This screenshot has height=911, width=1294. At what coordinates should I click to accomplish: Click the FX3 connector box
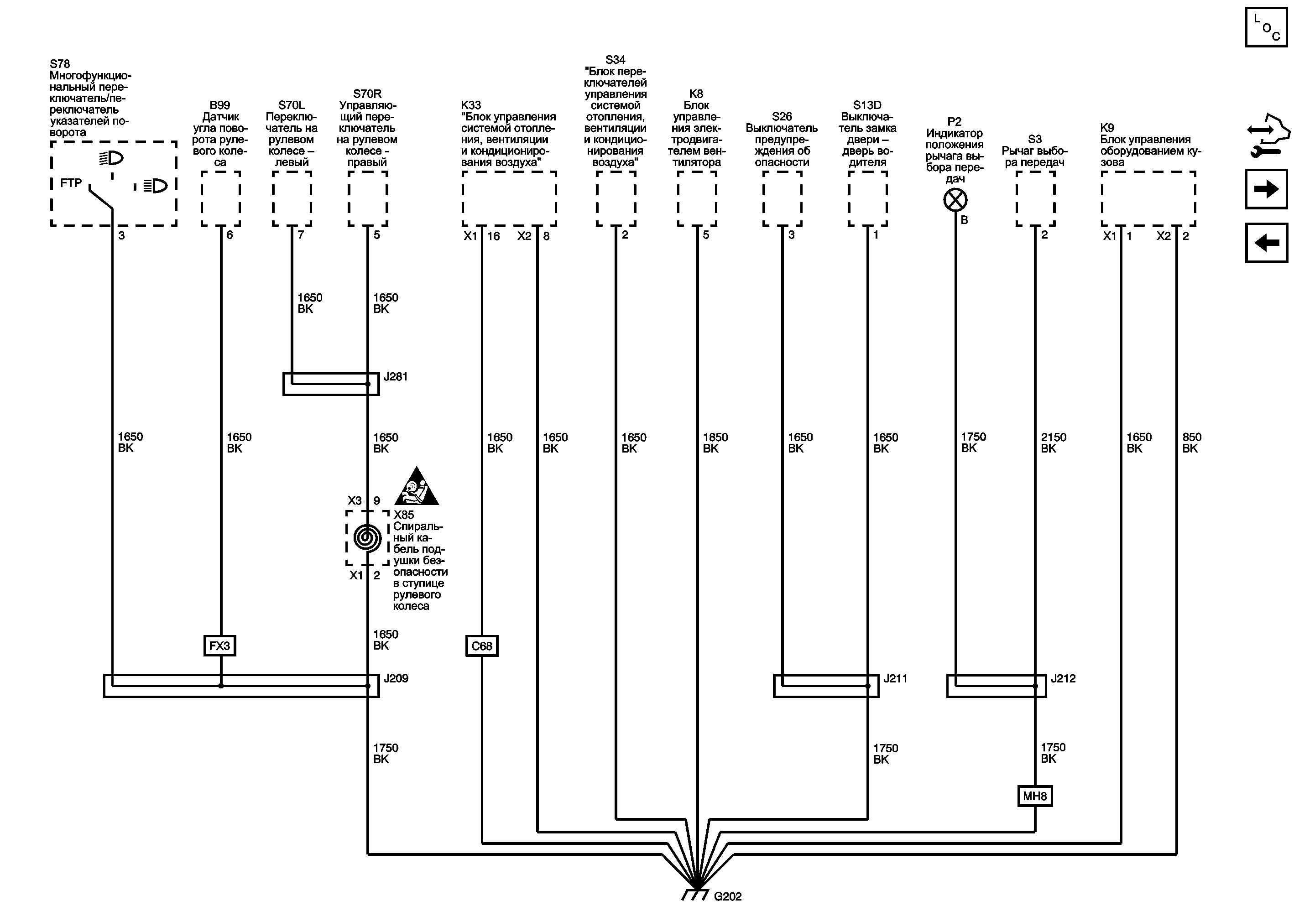(220, 646)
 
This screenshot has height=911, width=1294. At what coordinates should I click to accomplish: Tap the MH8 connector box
(1035, 796)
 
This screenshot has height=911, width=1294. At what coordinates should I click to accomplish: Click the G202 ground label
(728, 896)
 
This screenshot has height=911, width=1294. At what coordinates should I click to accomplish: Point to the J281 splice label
(396, 376)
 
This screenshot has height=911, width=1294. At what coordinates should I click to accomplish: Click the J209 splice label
(396, 678)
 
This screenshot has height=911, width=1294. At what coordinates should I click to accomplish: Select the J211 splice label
(895, 678)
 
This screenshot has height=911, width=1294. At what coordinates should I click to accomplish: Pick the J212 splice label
(1063, 678)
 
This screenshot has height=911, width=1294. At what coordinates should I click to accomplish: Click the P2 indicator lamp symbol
(955, 200)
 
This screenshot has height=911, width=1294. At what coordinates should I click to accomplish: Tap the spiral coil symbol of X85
(367, 538)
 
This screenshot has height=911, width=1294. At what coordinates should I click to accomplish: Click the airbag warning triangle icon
(417, 487)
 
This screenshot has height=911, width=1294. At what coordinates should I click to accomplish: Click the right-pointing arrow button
(1266, 189)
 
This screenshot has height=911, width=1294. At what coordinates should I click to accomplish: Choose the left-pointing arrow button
(1266, 243)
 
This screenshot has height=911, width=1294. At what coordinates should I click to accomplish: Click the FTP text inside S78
(71, 183)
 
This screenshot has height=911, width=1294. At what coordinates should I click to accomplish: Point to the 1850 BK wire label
(715, 443)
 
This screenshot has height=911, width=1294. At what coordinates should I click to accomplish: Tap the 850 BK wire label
(1191, 443)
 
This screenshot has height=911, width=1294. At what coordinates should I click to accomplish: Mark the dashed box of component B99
(220, 199)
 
